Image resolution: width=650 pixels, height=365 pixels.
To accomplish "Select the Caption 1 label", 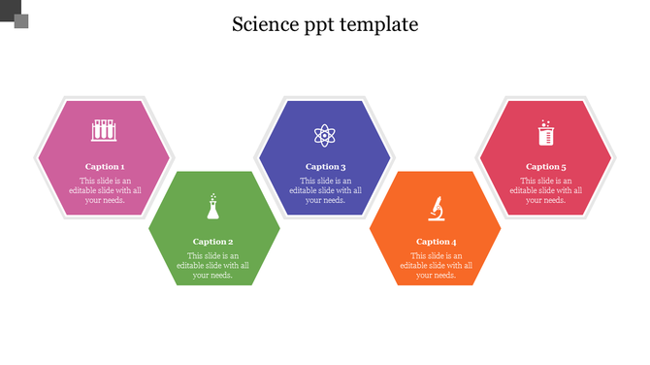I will (x=105, y=167).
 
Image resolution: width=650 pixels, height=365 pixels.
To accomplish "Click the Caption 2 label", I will (x=213, y=242).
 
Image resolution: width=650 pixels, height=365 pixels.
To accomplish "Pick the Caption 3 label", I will (x=325, y=167).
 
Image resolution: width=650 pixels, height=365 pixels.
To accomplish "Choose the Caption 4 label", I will (x=437, y=242).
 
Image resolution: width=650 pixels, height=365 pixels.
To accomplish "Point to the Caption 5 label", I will (x=545, y=167).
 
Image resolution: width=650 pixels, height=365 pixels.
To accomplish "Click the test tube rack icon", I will (x=104, y=129).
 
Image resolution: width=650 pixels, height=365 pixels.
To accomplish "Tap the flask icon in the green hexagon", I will (x=212, y=206).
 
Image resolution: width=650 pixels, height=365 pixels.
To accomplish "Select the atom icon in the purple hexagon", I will (x=324, y=134).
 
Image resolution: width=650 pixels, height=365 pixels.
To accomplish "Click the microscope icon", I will (x=437, y=207).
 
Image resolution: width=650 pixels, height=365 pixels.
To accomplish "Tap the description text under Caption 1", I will (x=105, y=190).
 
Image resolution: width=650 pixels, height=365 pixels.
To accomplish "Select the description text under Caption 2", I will (x=213, y=265).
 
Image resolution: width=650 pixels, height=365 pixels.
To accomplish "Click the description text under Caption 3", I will (x=325, y=190).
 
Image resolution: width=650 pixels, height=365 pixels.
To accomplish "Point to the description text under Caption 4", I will (x=437, y=265).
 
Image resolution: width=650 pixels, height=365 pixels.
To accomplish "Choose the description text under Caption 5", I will (x=545, y=190).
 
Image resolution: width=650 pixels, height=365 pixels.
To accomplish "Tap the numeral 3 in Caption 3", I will (x=342, y=167).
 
